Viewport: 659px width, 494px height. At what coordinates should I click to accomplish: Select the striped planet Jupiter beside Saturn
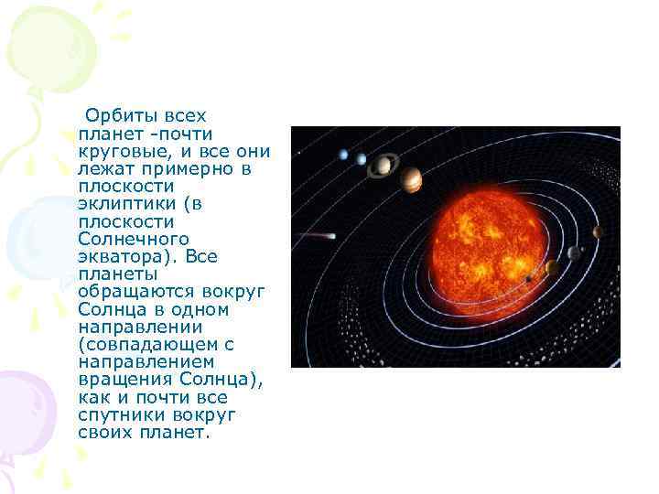pos(411,178)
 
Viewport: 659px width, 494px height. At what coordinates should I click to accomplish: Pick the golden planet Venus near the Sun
pos(552,268)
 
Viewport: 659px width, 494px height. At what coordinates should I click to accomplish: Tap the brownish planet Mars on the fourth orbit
pos(598,232)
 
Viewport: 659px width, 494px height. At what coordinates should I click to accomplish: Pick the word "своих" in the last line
pos(103,432)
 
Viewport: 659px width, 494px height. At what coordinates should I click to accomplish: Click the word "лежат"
pos(102,169)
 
